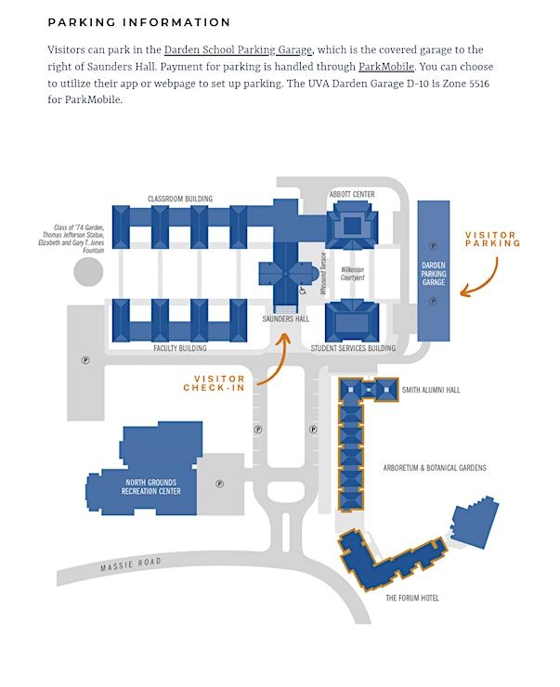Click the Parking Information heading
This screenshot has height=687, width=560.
(x=139, y=22)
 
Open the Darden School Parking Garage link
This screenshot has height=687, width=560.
(x=238, y=50)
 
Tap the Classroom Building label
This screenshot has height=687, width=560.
(x=180, y=199)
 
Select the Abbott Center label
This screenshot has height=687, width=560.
(x=352, y=194)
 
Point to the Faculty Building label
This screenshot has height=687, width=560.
(x=180, y=349)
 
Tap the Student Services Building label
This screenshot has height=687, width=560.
(x=353, y=349)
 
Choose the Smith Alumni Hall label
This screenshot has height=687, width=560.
(x=431, y=391)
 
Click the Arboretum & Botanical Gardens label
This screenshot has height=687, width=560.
(x=435, y=468)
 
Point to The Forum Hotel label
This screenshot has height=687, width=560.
(x=412, y=599)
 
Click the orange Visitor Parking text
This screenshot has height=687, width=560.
(x=493, y=240)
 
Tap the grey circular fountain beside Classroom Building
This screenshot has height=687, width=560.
(x=88, y=273)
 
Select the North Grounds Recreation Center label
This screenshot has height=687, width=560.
(x=151, y=487)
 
